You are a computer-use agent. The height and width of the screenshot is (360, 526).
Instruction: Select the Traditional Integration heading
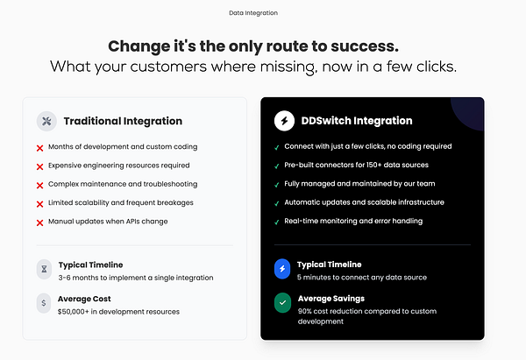point(123,121)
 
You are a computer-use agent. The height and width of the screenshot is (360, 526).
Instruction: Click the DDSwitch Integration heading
point(355,121)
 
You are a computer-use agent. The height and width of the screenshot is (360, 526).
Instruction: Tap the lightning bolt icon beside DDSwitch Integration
point(284,121)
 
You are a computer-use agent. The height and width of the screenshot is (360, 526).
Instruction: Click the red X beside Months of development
point(40,148)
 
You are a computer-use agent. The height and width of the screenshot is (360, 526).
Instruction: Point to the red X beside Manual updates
point(40,222)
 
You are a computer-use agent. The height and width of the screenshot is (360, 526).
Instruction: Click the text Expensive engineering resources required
point(118,165)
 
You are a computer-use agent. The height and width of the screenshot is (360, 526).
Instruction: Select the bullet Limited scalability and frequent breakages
point(121,202)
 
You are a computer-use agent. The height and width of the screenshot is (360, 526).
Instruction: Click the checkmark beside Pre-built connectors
point(277,166)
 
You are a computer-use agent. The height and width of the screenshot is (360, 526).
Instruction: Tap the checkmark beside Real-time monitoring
point(277,222)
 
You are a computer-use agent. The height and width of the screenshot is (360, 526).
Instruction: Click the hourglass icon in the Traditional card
point(44,270)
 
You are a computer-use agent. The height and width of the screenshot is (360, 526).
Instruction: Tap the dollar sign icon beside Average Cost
point(44,304)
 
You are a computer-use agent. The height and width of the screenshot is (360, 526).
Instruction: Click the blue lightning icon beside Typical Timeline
point(282,269)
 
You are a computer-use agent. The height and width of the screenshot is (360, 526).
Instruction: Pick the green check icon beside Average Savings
point(282,303)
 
